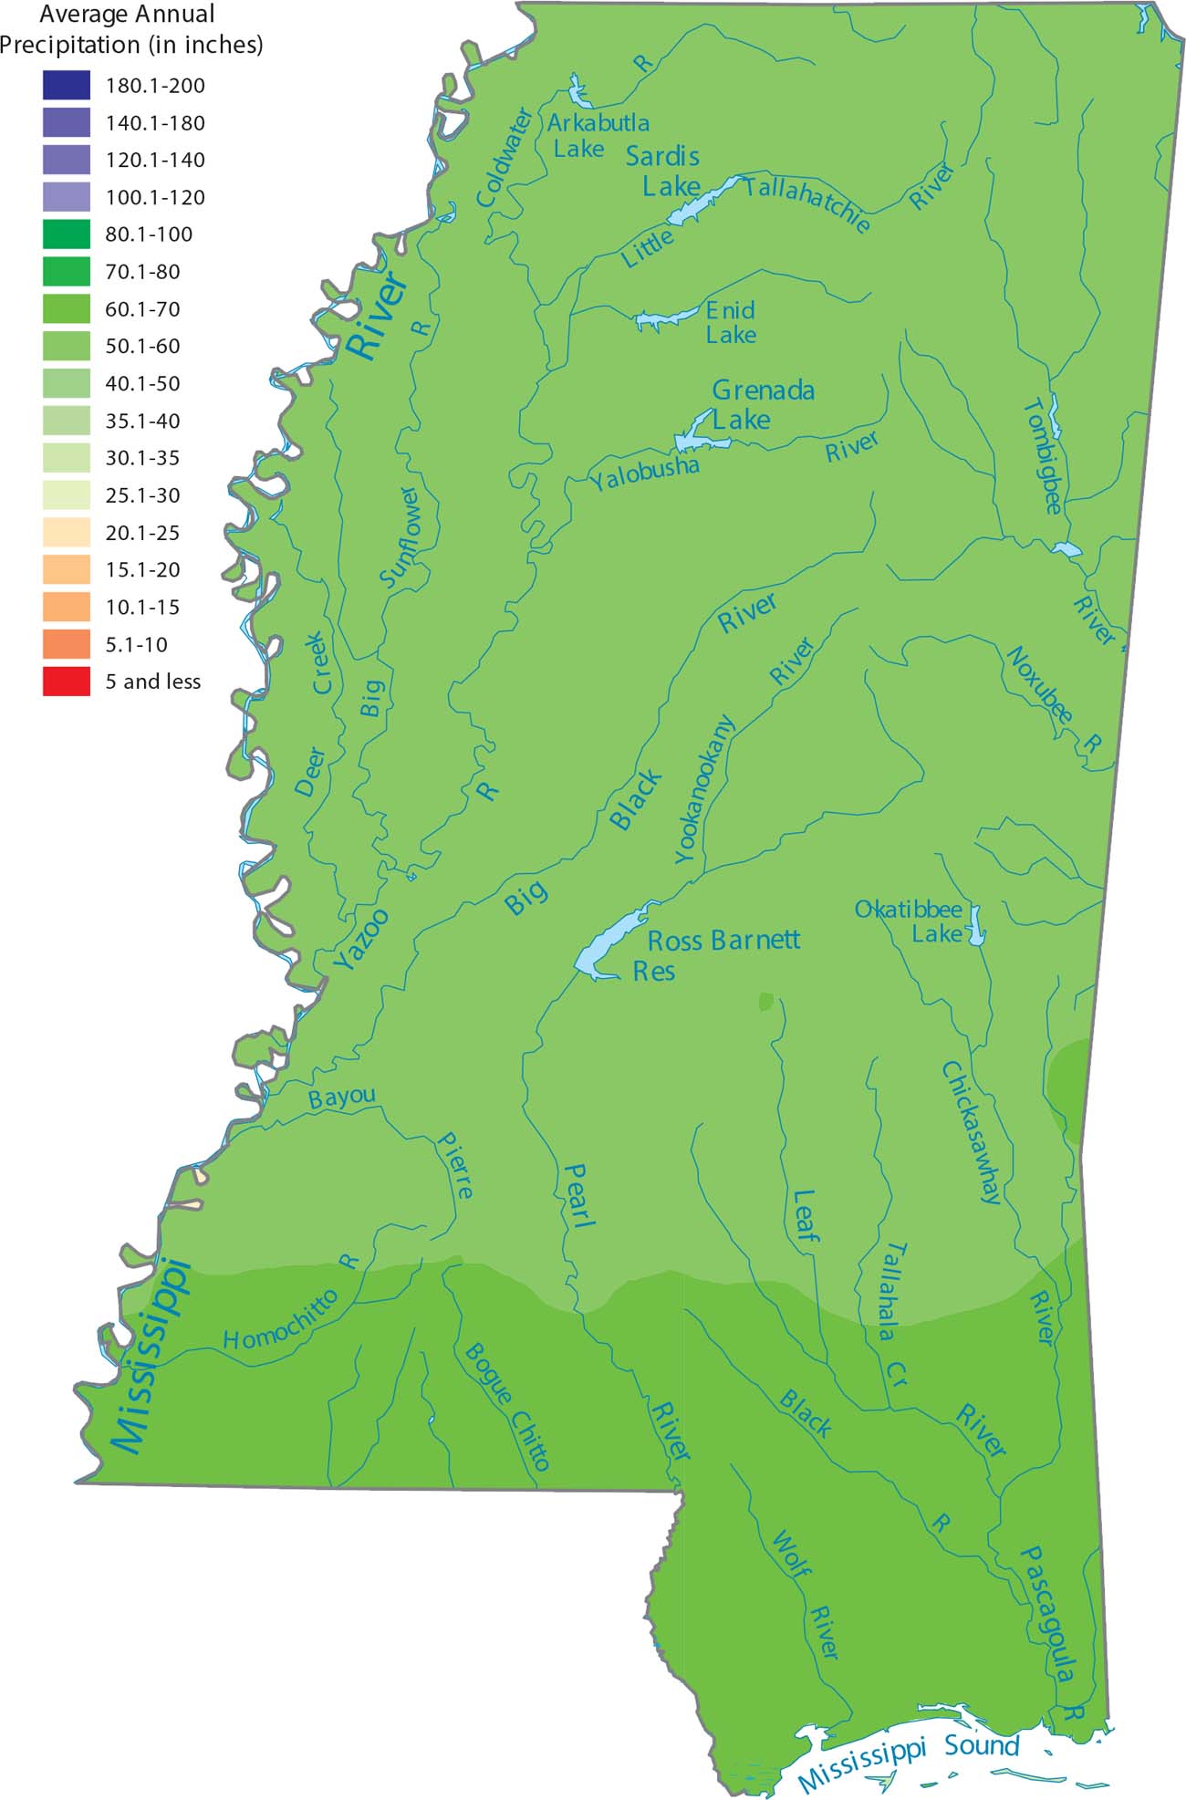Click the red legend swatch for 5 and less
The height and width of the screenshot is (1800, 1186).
[66, 682]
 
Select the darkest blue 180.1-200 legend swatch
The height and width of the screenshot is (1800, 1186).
[66, 86]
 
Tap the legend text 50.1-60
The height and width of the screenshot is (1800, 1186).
[142, 347]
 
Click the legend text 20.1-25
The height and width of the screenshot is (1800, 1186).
[142, 533]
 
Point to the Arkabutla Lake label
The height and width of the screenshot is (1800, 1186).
[598, 135]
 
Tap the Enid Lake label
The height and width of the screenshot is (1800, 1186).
[731, 323]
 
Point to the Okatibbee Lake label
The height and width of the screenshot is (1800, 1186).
[910, 921]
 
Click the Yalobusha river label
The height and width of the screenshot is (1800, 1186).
[644, 473]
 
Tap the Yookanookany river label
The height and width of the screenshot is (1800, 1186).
[703, 790]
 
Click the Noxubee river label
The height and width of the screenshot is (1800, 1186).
[1039, 685]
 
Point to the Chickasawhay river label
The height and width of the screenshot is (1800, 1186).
[972, 1132]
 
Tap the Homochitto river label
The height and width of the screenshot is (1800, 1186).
[281, 1320]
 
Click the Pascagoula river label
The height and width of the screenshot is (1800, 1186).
[1047, 1614]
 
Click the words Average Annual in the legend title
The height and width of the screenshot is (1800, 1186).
[127, 15]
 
